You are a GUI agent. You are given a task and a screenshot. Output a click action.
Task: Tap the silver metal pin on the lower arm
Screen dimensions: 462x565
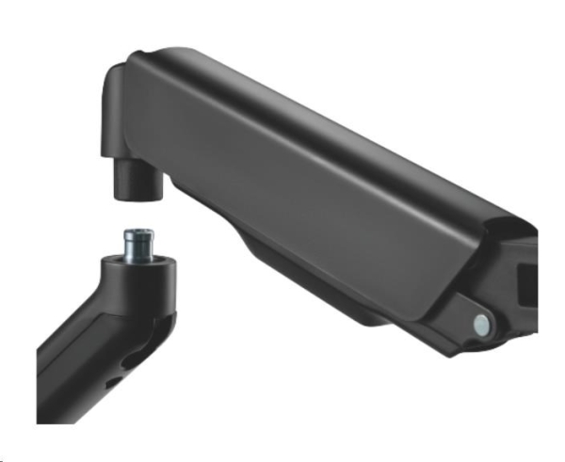139,242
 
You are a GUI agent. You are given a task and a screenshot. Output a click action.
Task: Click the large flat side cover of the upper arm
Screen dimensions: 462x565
311,188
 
